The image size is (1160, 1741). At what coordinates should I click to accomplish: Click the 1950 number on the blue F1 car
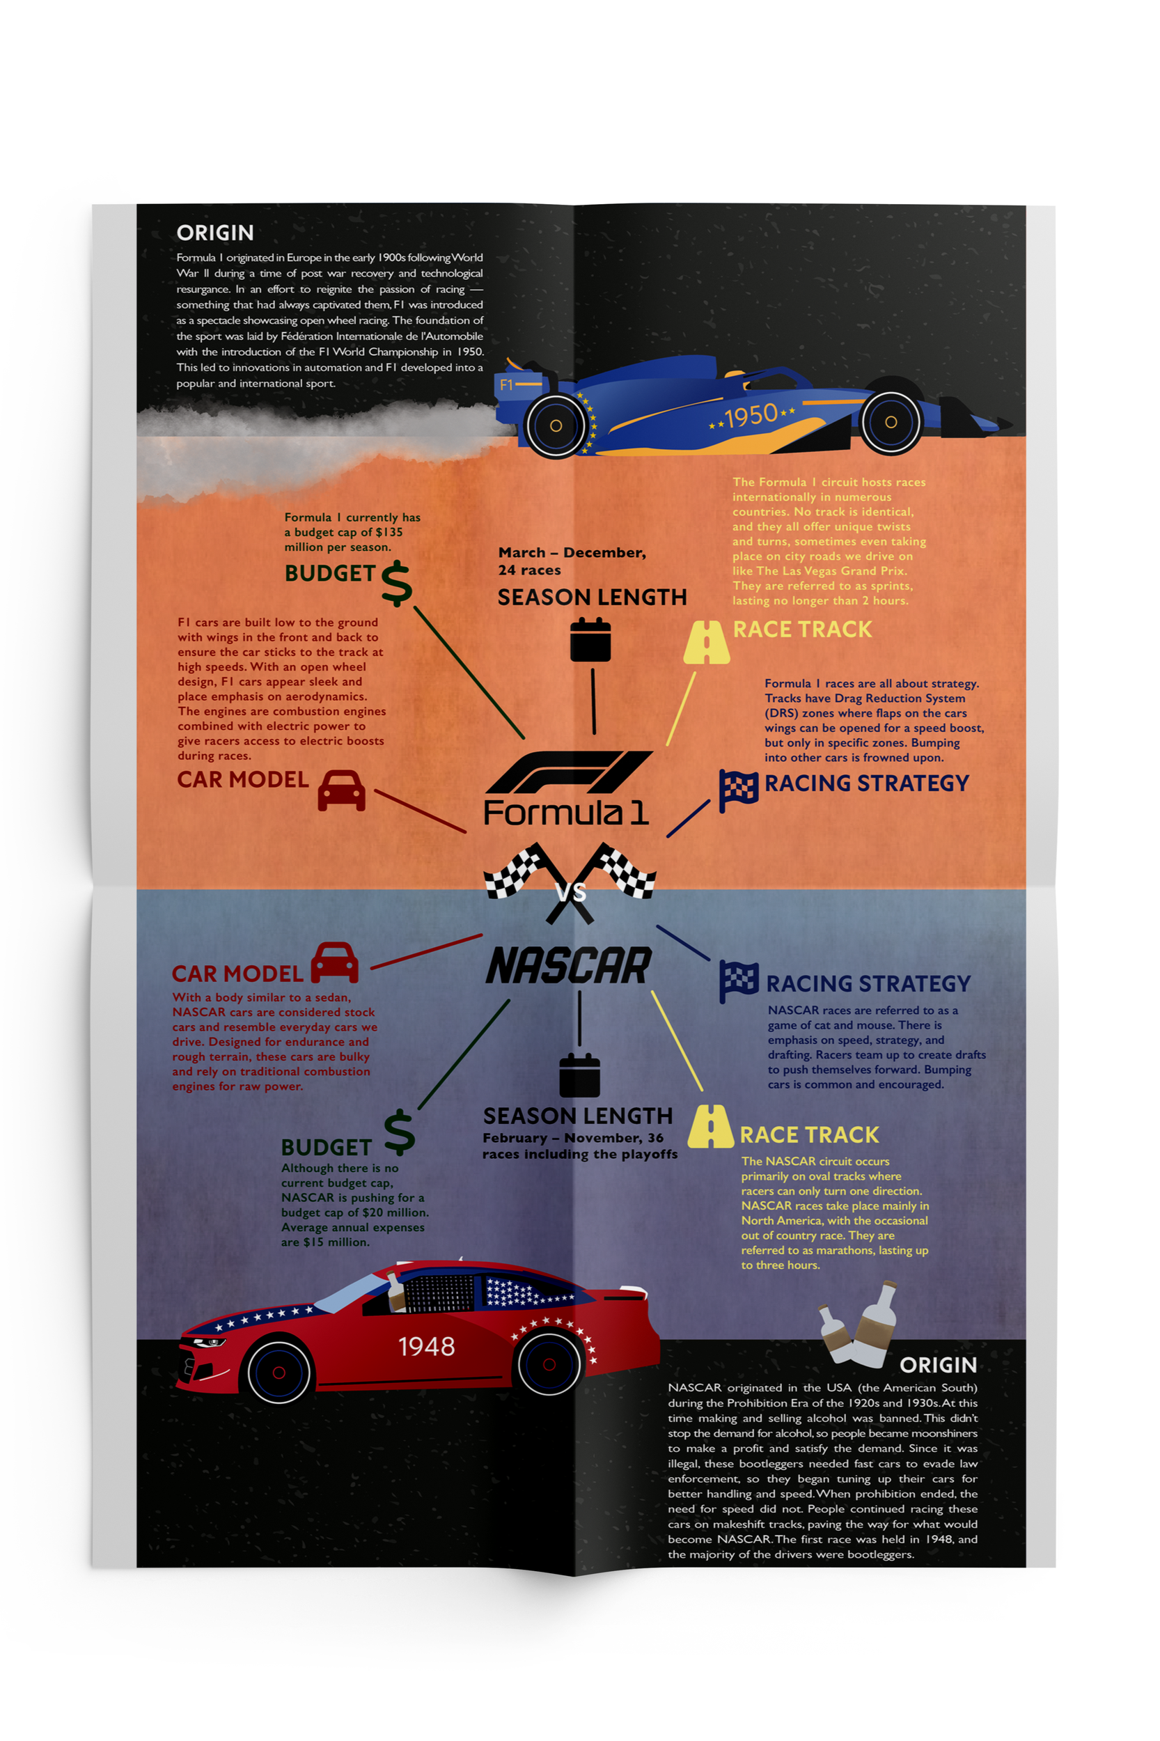750,416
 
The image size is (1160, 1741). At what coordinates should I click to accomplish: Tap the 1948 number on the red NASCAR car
426,1346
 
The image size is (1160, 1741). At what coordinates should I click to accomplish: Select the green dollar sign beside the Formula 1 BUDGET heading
397,583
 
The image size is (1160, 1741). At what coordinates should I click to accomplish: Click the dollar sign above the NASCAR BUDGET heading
400,1132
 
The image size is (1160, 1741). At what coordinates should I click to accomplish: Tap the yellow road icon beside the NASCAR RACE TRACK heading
710,1126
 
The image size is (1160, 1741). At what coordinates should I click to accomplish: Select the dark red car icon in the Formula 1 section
341,790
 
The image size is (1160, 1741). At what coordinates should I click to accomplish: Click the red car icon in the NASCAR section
334,962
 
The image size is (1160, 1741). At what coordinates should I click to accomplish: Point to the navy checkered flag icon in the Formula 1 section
738,790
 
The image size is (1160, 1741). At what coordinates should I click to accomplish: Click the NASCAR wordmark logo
568,966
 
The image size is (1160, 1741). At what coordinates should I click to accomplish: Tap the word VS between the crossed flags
570,892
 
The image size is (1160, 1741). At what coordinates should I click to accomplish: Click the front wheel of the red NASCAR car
279,1372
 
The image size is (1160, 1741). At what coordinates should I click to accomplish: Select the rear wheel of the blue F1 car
556,426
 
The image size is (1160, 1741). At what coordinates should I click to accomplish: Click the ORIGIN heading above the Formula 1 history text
215,233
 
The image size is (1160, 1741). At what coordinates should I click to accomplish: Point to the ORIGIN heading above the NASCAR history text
938,1364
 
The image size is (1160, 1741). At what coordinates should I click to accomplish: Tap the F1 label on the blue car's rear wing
506,384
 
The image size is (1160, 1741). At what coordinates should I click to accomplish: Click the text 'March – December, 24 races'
571,561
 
